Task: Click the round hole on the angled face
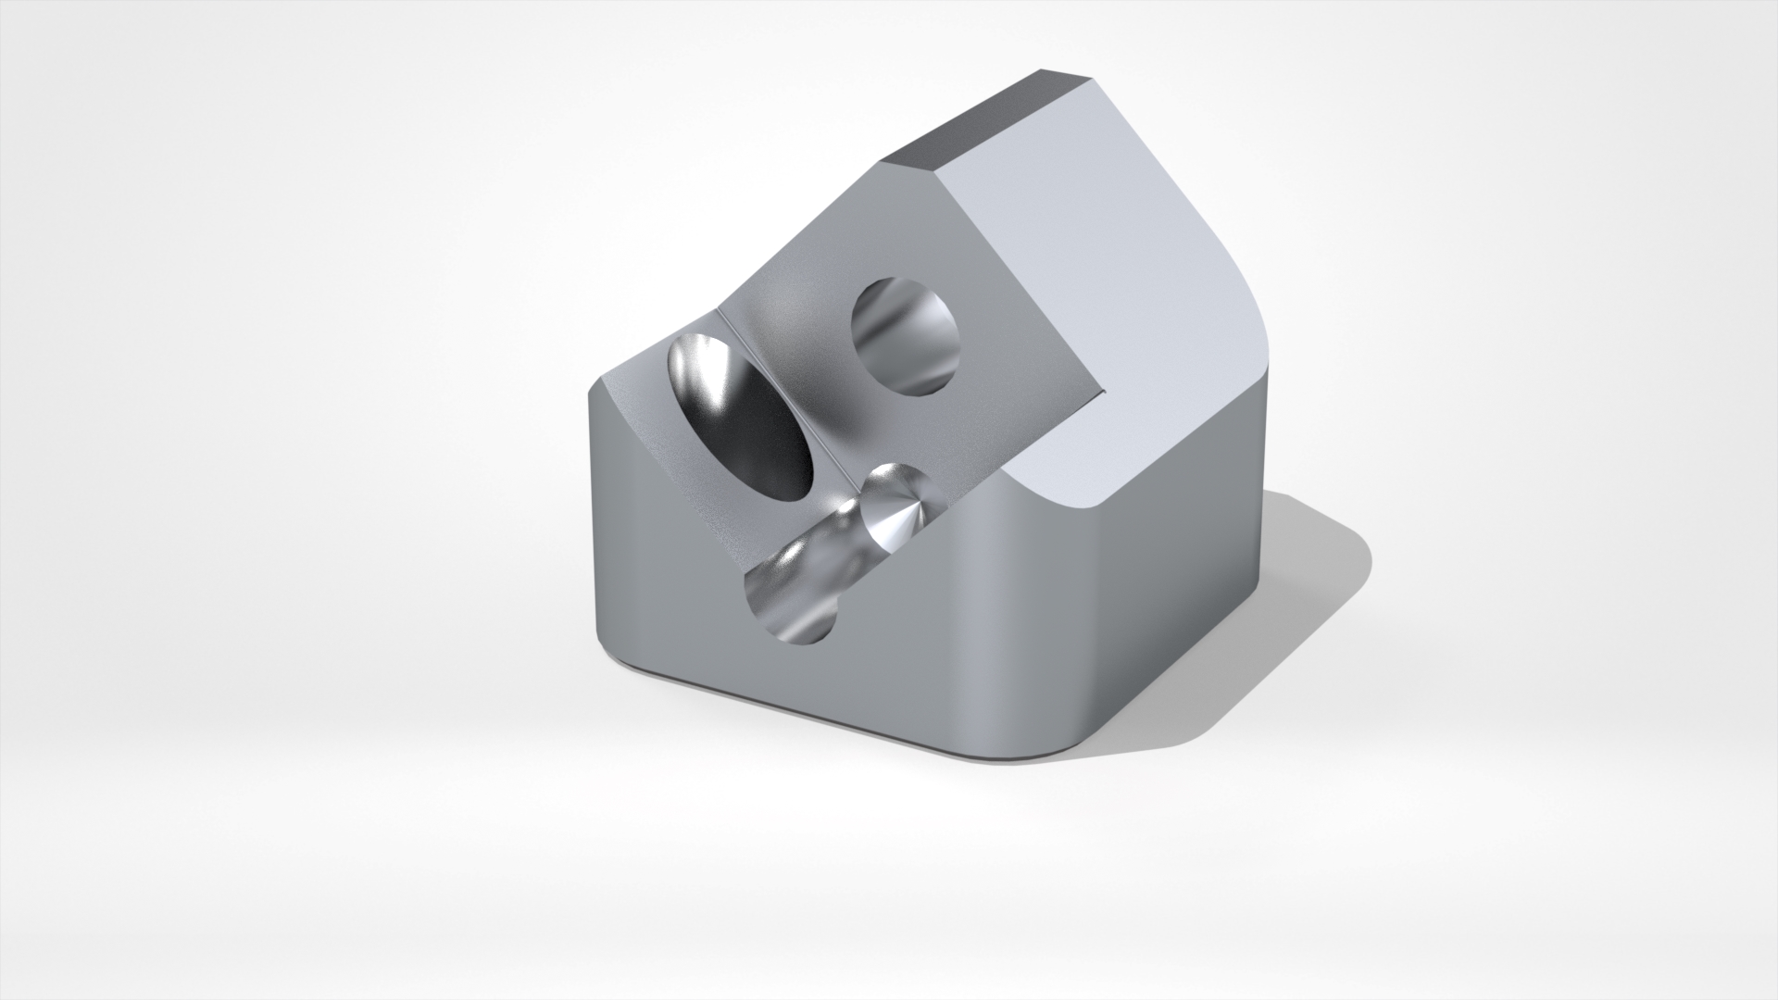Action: [906, 337]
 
